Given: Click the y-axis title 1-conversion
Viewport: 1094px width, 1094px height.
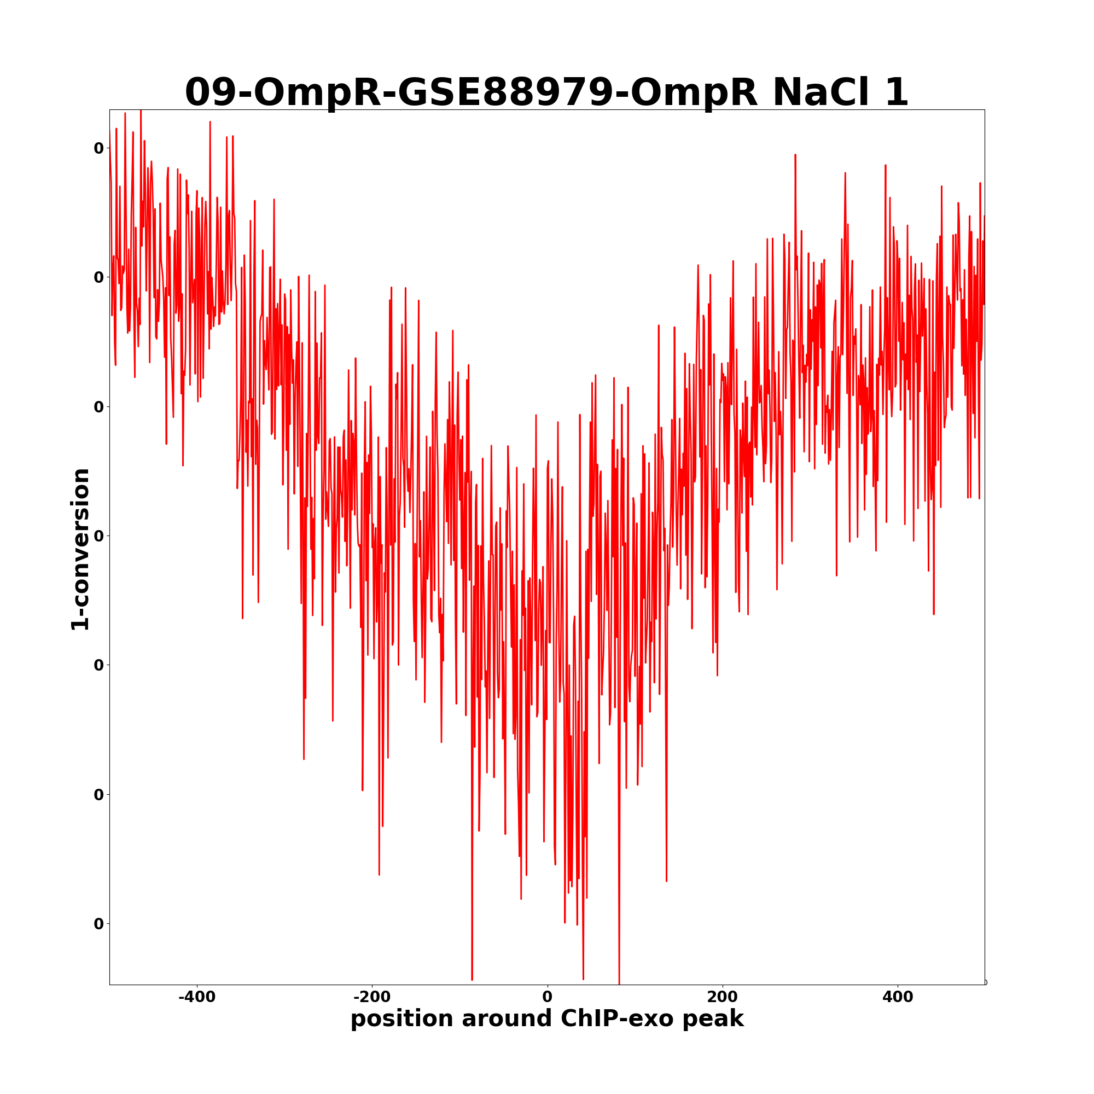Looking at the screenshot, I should pyautogui.click(x=80, y=549).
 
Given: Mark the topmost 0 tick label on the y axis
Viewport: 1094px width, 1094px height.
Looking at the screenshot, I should pyautogui.click(x=99, y=148).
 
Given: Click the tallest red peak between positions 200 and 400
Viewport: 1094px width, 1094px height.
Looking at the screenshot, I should pyautogui.click(x=795, y=155).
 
